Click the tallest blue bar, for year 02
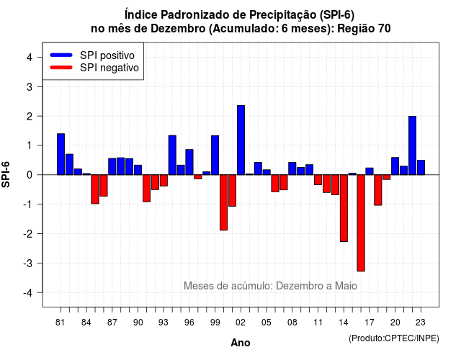[241, 140]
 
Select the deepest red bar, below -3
[361, 223]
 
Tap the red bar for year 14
[344, 208]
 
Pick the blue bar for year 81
[61, 154]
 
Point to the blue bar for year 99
[215, 156]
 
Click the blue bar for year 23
[421, 168]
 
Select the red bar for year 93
[164, 181]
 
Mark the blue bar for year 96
[189, 162]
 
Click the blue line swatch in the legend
[61, 55]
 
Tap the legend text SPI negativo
[109, 68]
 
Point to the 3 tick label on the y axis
[30, 87]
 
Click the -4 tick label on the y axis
[28, 293]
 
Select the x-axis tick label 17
[370, 323]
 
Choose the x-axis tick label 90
[138, 323]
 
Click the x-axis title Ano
[241, 343]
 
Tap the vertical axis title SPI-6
[6, 174]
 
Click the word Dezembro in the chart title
[178, 29]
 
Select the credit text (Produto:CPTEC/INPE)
[394, 338]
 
